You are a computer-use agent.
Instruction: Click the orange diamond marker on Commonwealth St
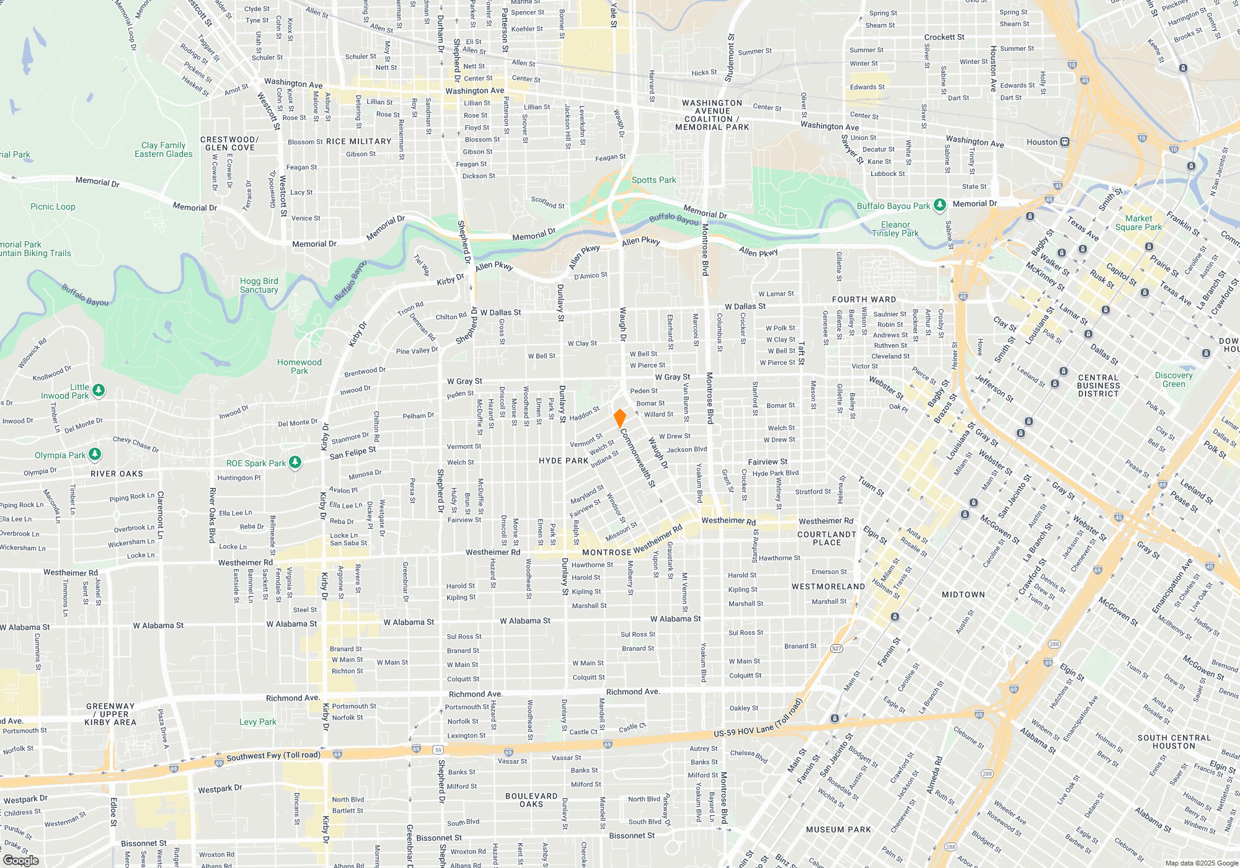point(619,418)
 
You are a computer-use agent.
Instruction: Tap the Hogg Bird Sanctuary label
point(259,285)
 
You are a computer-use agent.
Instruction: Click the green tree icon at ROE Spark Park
point(295,463)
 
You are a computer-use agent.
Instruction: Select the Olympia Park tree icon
point(94,454)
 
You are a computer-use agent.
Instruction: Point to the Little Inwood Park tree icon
point(99,391)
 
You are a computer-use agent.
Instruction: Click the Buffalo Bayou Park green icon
point(940,205)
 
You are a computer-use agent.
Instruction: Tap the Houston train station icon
point(1065,142)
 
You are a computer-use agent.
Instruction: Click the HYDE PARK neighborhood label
point(563,461)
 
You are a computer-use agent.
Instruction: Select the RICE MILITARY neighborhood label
point(358,141)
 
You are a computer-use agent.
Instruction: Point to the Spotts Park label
point(653,180)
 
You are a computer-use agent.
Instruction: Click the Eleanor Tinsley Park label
point(895,229)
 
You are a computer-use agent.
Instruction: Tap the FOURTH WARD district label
point(864,299)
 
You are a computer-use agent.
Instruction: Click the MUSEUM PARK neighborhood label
point(838,830)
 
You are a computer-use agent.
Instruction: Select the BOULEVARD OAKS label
point(531,800)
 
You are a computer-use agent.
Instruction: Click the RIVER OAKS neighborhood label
point(117,474)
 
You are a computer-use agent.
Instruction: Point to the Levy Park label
point(257,722)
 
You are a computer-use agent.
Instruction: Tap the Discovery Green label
point(1173,379)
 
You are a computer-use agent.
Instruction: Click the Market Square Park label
point(1138,223)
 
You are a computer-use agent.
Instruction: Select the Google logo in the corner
point(21,860)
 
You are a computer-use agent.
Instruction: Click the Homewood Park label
point(299,366)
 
